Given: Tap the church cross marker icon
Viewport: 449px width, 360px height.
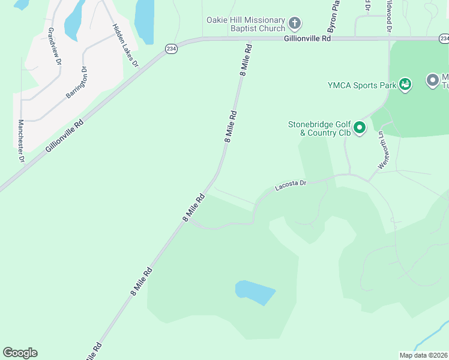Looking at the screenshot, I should click(x=295, y=24).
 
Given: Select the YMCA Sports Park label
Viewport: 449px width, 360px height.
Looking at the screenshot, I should click(x=363, y=85).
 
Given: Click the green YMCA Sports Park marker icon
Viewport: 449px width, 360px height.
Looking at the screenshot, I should click(x=406, y=85).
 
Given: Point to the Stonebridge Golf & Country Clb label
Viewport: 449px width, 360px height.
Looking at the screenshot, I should click(x=319, y=128).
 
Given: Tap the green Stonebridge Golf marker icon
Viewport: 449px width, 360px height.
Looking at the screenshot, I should click(x=360, y=128).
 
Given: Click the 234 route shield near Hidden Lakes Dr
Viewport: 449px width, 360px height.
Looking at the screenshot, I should click(x=171, y=49).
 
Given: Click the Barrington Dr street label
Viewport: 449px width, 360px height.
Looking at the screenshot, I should click(x=77, y=86).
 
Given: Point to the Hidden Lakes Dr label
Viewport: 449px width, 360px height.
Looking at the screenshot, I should click(x=125, y=46).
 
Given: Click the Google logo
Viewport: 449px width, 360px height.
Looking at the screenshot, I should click(x=20, y=353).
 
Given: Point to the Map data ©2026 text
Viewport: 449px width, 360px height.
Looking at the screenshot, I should click(x=423, y=355).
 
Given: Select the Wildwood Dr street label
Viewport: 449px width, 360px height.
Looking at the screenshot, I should click(x=389, y=15).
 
